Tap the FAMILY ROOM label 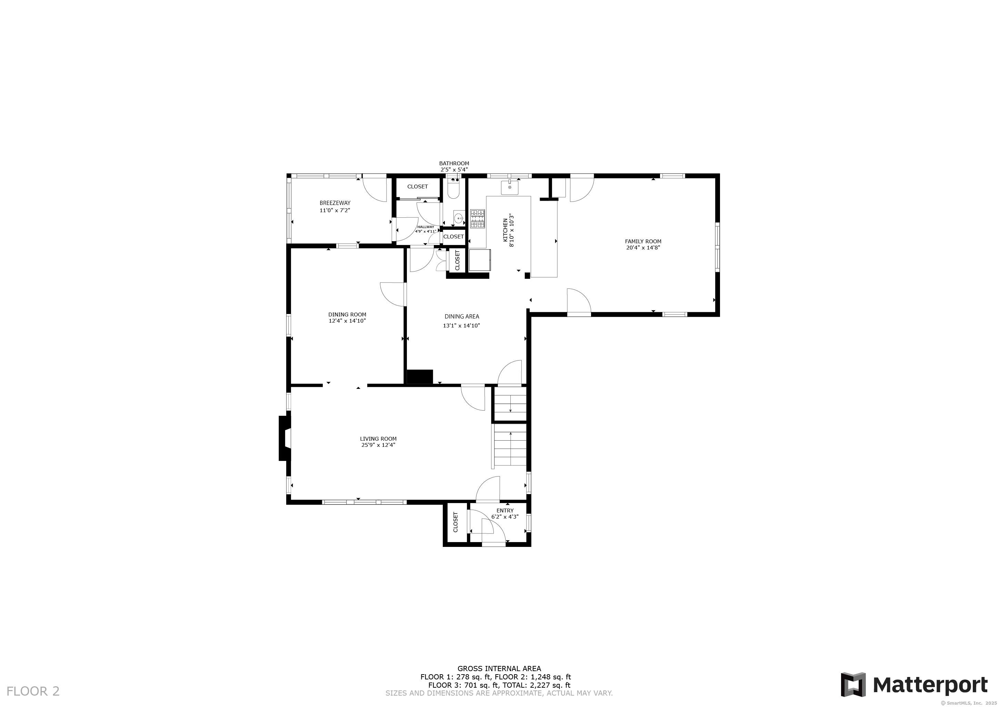click(643, 241)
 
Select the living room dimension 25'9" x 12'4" click(378, 445)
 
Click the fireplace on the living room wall click(285, 438)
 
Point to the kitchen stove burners click(477, 219)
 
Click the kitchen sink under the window click(510, 187)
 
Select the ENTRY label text click(505, 510)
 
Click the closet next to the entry click(456, 522)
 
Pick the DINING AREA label click(462, 316)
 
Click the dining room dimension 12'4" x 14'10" click(347, 321)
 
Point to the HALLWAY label click(425, 227)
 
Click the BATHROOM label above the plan click(454, 164)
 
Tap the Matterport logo click(914, 685)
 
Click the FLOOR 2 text click(33, 691)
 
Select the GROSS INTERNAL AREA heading click(499, 669)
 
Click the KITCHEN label click(505, 230)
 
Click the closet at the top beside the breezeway click(417, 186)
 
